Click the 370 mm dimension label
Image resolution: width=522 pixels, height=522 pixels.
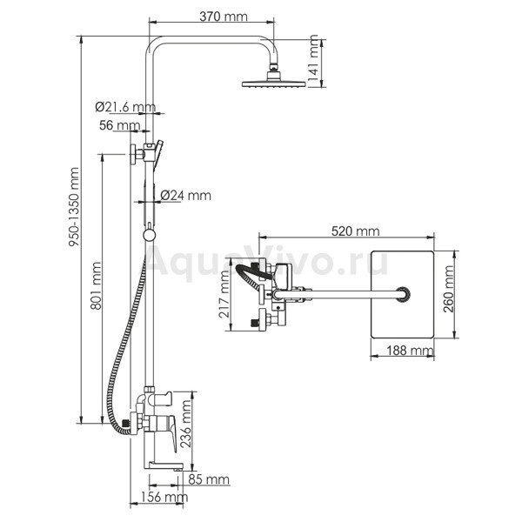click(x=224, y=16)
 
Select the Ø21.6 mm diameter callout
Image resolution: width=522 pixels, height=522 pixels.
click(x=125, y=107)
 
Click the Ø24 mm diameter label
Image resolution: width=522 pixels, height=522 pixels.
click(x=186, y=195)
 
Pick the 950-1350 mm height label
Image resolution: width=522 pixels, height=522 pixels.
click(x=74, y=207)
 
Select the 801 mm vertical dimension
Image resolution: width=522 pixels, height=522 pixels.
click(x=97, y=285)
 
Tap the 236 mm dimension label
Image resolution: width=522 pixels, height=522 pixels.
click(x=185, y=424)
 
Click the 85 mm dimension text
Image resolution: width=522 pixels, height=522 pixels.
click(x=209, y=479)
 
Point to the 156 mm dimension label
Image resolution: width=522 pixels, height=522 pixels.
click(x=164, y=497)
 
